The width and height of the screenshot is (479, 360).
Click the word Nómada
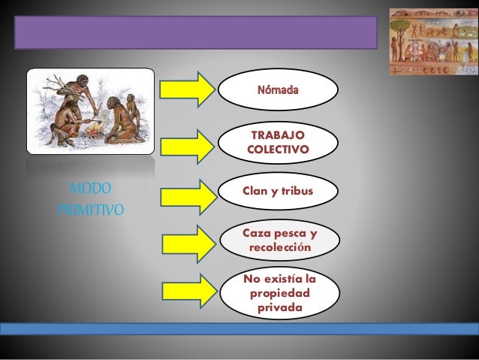pyautogui.click(x=278, y=90)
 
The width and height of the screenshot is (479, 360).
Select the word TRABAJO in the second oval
pyautogui.click(x=278, y=134)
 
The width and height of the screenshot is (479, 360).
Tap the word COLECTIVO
pyautogui.click(x=278, y=150)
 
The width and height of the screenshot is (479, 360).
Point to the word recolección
pyautogui.click(x=280, y=247)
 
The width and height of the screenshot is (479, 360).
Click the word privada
pyautogui.click(x=280, y=308)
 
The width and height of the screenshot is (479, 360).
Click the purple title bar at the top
pyautogui.click(x=196, y=33)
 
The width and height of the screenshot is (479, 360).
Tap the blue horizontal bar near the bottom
pyautogui.click(x=239, y=328)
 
